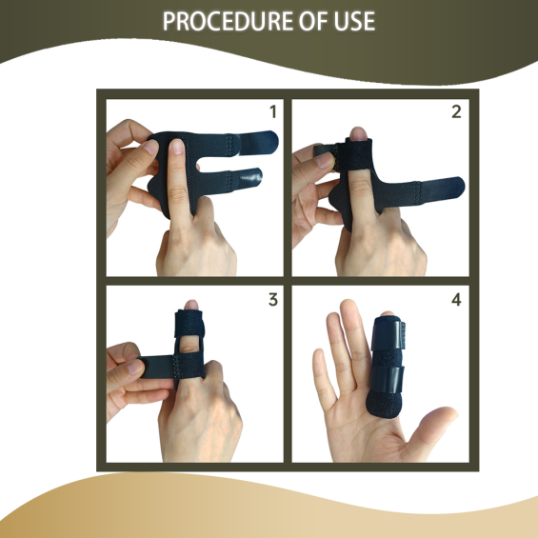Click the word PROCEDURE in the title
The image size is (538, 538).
[228, 21]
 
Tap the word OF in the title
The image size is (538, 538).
[313, 21]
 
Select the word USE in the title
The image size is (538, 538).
[354, 21]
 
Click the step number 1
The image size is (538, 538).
[273, 111]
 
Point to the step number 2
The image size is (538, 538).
[456, 111]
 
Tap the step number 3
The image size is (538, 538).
[273, 300]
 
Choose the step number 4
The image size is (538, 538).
[456, 300]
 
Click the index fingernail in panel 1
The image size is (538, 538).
[177, 147]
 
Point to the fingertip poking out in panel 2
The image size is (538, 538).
[358, 133]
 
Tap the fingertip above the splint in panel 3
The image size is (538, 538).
[191, 305]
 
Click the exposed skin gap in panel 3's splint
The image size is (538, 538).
[189, 344]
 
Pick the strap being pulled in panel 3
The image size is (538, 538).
[156, 368]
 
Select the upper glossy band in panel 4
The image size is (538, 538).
[387, 333]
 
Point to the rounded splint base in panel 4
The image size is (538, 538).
[384, 406]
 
